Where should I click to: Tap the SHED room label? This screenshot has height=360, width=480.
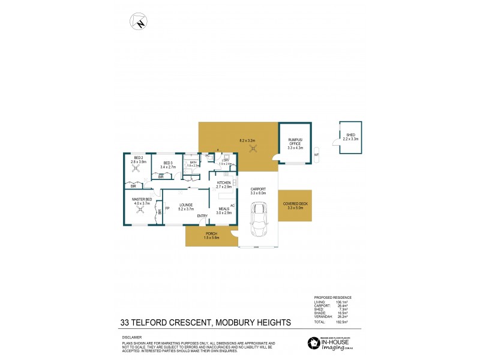(x=351, y=135)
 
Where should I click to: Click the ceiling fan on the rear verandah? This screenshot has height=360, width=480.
(x=253, y=149)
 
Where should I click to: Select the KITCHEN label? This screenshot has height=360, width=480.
(x=223, y=182)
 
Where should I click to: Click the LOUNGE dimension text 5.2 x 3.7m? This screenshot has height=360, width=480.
(x=187, y=209)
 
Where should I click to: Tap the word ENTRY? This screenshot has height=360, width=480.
(x=202, y=216)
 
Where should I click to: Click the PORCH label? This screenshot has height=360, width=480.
(x=211, y=233)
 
